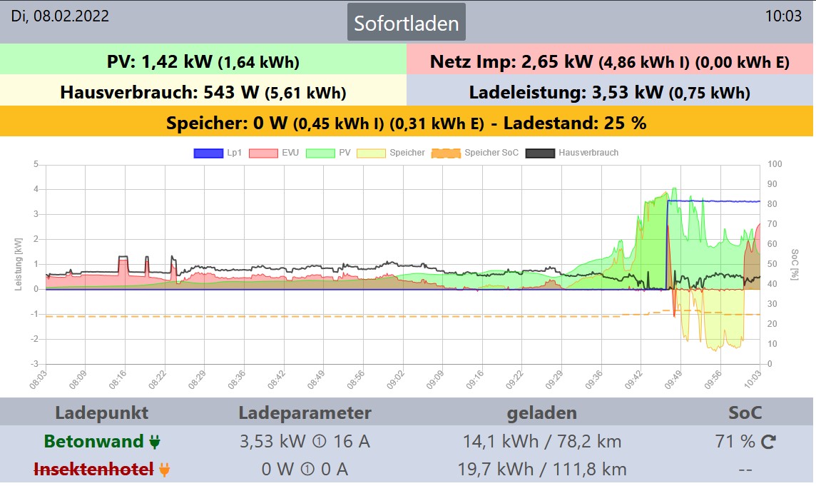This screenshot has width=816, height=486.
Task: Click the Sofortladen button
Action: point(407,23)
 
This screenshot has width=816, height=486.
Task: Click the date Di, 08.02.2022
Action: point(60,16)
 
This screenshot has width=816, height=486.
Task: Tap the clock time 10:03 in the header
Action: point(783,16)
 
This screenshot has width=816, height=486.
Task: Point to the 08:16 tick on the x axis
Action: point(121,376)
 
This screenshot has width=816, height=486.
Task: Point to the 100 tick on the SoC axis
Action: point(775,165)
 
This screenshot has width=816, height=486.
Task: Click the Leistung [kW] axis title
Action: point(19,264)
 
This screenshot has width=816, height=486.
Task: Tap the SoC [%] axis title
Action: point(796,264)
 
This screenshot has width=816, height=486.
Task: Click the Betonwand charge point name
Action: point(93,442)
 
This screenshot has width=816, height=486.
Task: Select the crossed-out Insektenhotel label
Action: point(93,470)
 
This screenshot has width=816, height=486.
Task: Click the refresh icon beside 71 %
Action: point(768,442)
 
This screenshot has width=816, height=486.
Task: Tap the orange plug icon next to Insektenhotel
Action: point(165,470)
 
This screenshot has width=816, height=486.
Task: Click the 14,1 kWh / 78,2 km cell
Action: point(542,442)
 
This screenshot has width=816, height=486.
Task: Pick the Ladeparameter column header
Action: point(305,413)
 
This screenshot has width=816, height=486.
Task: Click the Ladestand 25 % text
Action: point(574,123)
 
